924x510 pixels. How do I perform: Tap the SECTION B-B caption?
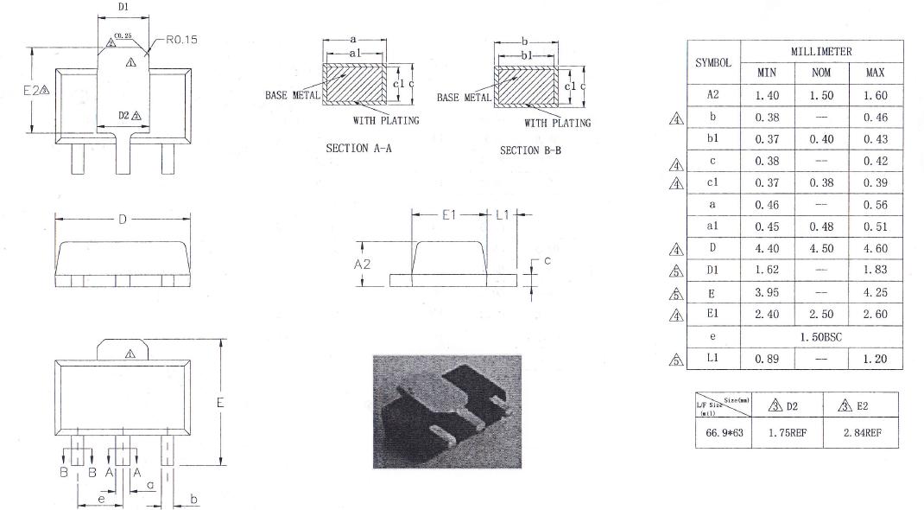click(530, 150)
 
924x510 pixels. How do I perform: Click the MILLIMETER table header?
click(820, 52)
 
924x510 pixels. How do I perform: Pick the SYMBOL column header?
click(713, 63)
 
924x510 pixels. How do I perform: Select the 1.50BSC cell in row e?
click(820, 336)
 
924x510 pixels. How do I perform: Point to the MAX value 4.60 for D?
click(875, 249)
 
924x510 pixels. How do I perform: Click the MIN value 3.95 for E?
click(766, 293)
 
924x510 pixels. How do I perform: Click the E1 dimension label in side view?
click(449, 214)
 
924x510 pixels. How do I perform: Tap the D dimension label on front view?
click(122, 220)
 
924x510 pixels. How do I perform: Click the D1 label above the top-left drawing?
click(123, 8)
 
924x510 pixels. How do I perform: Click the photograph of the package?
click(446, 411)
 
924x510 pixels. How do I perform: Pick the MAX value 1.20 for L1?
click(875, 359)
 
